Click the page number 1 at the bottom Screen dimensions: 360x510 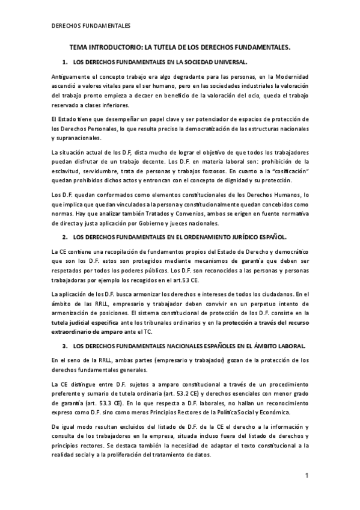point(306,476)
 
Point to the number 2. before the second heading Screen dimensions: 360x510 point(65,220)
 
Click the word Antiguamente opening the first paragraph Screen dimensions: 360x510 point(72,77)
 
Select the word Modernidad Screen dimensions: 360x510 point(286,77)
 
